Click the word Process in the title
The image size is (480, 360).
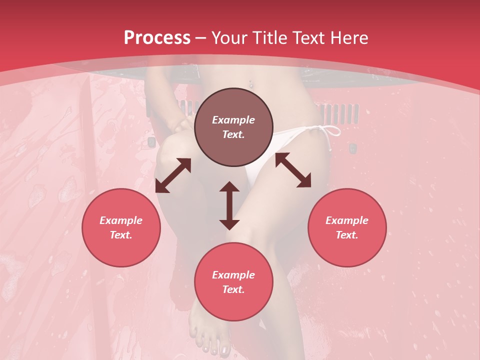157,38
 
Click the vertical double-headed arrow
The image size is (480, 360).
229,205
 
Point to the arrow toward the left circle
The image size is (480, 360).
173,175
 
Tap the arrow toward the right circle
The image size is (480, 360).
293,170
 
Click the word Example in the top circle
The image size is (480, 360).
233,120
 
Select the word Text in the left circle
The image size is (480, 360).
121,235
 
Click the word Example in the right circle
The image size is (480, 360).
347,220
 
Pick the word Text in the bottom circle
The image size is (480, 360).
233,289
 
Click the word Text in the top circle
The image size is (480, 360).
233,134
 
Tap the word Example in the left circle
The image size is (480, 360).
121,220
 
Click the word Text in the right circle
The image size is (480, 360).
347,235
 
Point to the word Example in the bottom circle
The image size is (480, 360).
233,275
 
